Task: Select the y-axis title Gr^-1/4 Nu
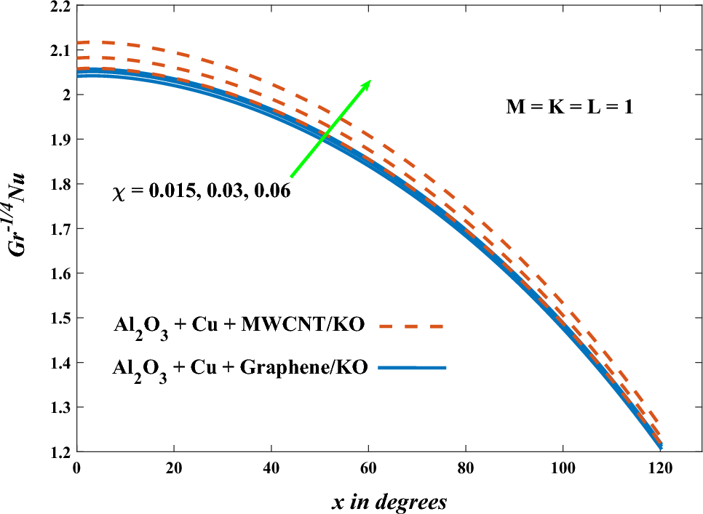coord(17,228)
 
